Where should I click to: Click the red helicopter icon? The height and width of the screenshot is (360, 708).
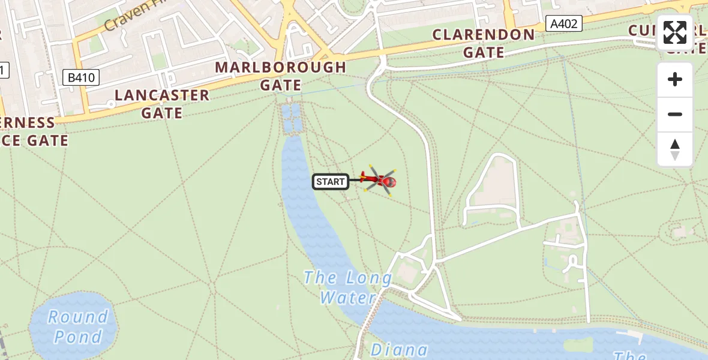[379, 179]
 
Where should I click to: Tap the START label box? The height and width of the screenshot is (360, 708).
[331, 182]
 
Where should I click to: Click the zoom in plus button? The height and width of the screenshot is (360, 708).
[675, 79]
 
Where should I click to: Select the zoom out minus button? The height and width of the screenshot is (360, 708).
[675, 114]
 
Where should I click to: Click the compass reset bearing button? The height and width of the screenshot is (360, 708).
[675, 149]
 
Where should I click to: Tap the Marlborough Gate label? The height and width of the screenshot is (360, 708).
[281, 76]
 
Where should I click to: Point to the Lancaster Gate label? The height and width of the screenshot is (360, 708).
[162, 104]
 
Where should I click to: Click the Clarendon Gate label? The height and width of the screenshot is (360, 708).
[484, 43]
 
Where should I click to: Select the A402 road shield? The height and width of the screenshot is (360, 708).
[565, 24]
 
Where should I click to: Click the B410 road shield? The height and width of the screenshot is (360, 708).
[81, 77]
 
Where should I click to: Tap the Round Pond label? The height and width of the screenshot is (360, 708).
[77, 326]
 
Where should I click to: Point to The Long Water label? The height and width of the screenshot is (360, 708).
[348, 287]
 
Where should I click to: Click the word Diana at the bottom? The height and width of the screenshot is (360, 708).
[399, 350]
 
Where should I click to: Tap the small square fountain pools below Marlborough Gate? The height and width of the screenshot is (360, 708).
[293, 118]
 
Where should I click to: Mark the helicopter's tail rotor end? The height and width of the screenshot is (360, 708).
[364, 178]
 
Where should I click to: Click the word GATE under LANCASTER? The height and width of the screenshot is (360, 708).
[162, 113]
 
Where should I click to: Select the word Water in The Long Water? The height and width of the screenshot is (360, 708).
[347, 298]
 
